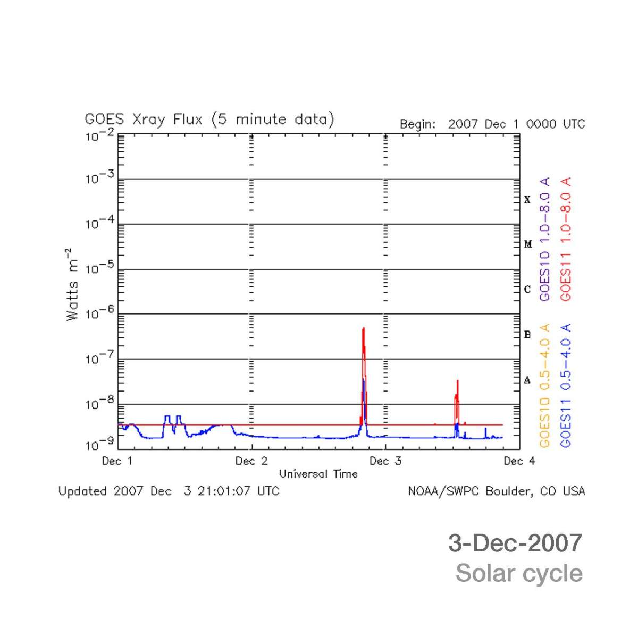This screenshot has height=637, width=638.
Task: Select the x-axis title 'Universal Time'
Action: pyautogui.click(x=318, y=474)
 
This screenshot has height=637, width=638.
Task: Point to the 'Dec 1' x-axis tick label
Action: pyautogui.click(x=117, y=461)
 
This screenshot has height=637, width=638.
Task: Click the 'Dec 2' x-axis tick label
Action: pyautogui.click(x=251, y=461)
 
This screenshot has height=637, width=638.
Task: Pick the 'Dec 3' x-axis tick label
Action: pyautogui.click(x=385, y=461)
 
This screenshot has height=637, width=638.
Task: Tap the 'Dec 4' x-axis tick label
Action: pyautogui.click(x=519, y=461)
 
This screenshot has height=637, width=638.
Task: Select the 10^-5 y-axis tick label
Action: pyautogui.click(x=99, y=269)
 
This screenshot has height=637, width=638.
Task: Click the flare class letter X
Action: pyautogui.click(x=527, y=200)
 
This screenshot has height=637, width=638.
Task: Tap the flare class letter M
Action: pyautogui.click(x=528, y=244)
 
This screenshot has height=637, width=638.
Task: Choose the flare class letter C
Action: pyautogui.click(x=527, y=290)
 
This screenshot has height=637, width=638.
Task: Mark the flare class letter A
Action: pyautogui.click(x=527, y=380)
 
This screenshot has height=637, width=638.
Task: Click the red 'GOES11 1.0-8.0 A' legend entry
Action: pyautogui.click(x=566, y=239)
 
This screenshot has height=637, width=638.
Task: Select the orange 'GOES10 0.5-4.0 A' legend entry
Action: pyautogui.click(x=544, y=385)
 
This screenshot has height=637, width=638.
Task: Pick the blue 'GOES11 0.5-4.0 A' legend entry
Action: pyautogui.click(x=566, y=385)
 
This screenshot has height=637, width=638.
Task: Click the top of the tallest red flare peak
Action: pyautogui.click(x=363, y=328)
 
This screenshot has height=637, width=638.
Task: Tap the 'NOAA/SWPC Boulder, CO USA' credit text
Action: pyautogui.click(x=496, y=491)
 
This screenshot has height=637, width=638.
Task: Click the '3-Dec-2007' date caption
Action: pyautogui.click(x=515, y=543)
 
